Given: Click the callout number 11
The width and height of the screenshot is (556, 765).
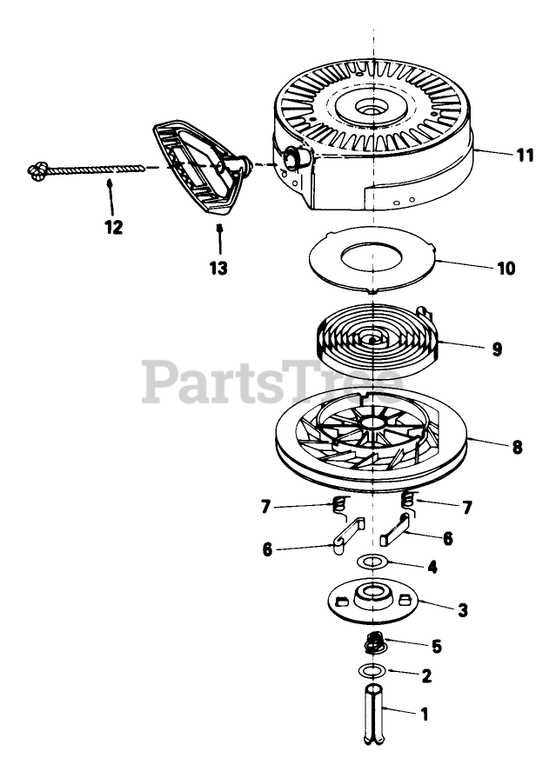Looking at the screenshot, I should (x=524, y=156).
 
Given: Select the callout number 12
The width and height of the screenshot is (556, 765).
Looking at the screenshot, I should (x=112, y=228).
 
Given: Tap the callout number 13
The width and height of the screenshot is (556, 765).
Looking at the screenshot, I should (x=219, y=269).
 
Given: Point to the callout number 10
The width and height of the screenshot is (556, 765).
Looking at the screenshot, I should (x=506, y=268).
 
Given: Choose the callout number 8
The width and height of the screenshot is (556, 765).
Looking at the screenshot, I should (x=517, y=448).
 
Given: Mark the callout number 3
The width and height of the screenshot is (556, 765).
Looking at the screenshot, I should (x=463, y=610).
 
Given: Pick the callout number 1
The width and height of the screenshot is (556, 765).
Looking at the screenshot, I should (x=424, y=715).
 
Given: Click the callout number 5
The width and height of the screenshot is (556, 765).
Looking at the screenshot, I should (x=436, y=647).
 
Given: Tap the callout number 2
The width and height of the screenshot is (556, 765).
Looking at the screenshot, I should (x=425, y=675).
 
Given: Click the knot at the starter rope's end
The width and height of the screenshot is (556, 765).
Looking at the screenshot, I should (x=37, y=170).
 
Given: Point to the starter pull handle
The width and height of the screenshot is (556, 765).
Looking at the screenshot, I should (x=194, y=173).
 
